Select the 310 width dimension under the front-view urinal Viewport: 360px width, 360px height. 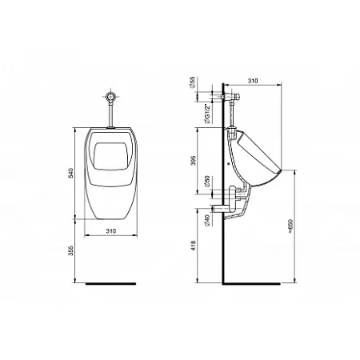click(111, 232)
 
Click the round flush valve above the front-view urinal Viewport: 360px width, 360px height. click(111, 98)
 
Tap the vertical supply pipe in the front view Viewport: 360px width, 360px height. click(111, 117)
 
